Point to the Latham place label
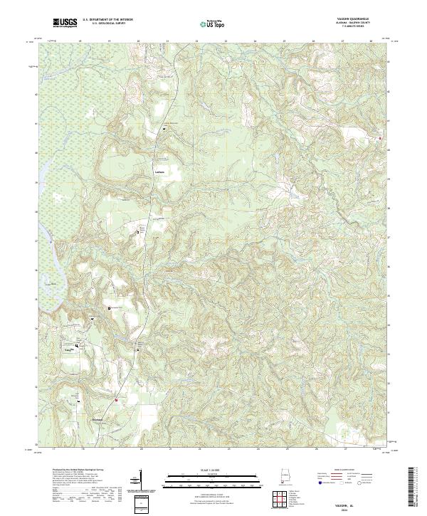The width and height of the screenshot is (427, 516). click(159, 172)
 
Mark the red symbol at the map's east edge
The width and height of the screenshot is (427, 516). click(380, 138)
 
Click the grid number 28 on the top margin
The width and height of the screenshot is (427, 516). click(371, 42)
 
